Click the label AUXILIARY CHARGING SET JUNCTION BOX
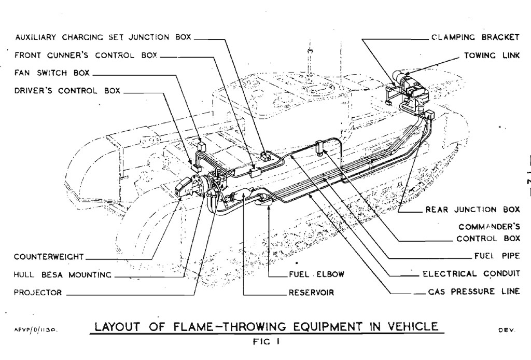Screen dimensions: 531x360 (x=103, y=37)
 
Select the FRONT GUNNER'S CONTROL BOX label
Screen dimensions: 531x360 (x=86, y=55)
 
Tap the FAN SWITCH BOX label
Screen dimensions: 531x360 (x=52, y=73)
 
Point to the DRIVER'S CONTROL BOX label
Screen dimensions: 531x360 (x=67, y=90)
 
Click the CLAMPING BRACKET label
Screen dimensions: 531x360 (x=476, y=37)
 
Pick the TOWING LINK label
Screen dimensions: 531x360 (x=492, y=55)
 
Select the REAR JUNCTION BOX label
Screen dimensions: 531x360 (x=472, y=209)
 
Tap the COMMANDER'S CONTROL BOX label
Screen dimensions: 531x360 (x=488, y=232)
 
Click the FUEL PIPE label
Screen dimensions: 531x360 (x=497, y=256)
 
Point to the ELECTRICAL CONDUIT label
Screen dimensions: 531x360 (x=471, y=273)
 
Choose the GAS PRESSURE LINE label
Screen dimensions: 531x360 (x=474, y=291)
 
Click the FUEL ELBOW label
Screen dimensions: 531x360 (x=317, y=274)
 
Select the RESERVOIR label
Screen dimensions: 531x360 (x=311, y=292)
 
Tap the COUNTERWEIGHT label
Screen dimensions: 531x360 (x=49, y=256)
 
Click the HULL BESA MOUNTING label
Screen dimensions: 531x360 (x=62, y=274)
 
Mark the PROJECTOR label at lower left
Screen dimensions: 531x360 (x=37, y=292)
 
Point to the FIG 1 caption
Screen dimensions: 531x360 (x=266, y=341)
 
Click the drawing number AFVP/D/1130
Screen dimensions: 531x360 (x=36, y=329)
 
